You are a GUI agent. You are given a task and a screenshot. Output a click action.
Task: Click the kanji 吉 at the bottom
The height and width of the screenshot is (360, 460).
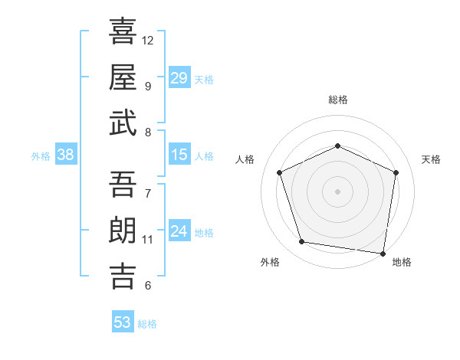[x=123, y=276]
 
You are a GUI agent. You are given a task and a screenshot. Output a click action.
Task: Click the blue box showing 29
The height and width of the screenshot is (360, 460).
[x=179, y=78]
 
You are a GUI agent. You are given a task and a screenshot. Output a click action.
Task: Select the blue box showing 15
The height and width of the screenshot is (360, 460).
[x=179, y=155]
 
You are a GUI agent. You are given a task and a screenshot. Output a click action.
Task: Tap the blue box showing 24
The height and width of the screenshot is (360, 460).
[x=179, y=231]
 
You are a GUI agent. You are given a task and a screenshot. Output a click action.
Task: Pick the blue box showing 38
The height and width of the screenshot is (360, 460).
[x=66, y=155]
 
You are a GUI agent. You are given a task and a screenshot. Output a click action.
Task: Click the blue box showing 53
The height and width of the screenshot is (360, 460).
[x=123, y=322]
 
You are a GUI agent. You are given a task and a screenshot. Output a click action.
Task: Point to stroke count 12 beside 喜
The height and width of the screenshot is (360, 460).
[x=148, y=40]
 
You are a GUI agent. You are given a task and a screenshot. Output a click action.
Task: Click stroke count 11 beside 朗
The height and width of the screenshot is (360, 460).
[x=148, y=239]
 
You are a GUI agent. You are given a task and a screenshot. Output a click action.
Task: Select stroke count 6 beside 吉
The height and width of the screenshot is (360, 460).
[x=147, y=286]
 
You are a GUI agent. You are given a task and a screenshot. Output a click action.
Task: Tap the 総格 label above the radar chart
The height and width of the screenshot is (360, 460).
[x=338, y=100]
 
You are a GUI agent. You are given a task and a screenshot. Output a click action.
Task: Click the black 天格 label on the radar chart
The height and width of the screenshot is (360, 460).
[x=432, y=159]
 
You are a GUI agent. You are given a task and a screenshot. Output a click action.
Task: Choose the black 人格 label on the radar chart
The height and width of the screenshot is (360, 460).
[x=245, y=159]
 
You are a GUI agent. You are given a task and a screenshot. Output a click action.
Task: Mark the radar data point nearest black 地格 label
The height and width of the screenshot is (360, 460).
[x=383, y=253]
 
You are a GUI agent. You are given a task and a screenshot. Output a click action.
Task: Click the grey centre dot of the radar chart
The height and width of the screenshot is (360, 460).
[x=338, y=191]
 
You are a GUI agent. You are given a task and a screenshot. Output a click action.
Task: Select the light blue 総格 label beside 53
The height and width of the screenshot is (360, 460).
[x=147, y=324]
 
